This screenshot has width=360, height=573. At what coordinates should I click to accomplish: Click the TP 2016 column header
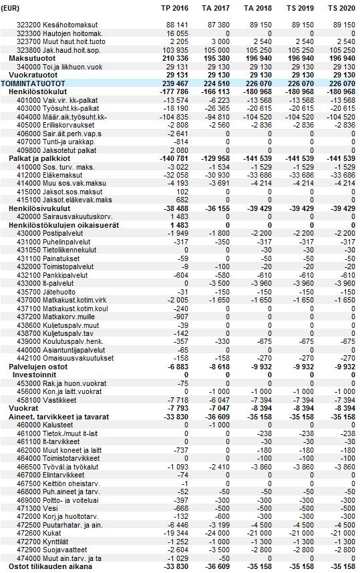[175, 8]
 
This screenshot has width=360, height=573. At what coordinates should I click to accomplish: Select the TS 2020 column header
[341, 8]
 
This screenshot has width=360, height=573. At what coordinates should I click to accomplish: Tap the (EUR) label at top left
[10, 8]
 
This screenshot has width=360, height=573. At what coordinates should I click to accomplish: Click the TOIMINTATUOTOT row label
[33, 83]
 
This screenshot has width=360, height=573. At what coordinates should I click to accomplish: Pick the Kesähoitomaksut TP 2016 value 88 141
[177, 25]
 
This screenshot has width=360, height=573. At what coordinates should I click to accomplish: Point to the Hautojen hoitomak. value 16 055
[177, 33]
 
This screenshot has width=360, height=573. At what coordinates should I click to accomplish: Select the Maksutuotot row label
[32, 59]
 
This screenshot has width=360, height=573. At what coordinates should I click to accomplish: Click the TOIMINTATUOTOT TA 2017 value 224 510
[216, 83]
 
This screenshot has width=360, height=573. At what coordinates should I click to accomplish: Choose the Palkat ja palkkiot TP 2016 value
[174, 158]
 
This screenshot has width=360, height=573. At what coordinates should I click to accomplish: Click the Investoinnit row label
[34, 375]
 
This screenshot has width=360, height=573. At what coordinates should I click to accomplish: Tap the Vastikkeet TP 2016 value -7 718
[177, 400]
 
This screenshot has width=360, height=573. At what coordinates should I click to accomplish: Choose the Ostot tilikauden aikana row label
[51, 567]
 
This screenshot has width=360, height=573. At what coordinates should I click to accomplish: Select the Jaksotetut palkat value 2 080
[179, 150]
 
